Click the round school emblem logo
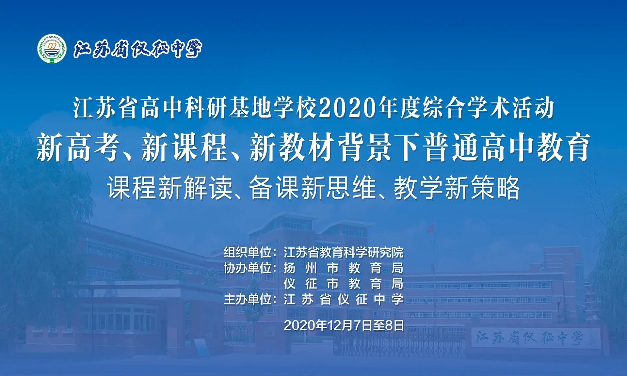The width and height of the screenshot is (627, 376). point(52,49)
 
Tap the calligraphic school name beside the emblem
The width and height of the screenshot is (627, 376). point(137,49)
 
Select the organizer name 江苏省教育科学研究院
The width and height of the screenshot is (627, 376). point(344,252)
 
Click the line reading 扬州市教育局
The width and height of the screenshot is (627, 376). point(344,268)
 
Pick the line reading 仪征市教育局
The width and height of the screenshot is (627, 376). point(344,284)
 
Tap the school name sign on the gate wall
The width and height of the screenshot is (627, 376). point(529,338)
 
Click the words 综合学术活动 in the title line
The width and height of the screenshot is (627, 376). point(488,108)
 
